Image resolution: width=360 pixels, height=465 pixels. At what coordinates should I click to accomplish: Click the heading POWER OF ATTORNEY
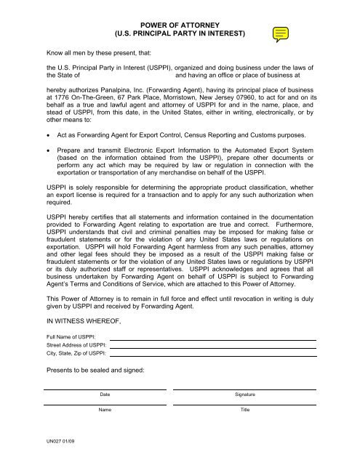click(180, 23)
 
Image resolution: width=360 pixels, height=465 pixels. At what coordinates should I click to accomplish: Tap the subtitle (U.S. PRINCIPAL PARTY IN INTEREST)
click(180, 33)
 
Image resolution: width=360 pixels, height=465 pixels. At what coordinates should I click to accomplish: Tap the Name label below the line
click(105, 411)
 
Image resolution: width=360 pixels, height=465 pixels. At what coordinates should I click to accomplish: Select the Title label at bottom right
click(244, 411)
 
